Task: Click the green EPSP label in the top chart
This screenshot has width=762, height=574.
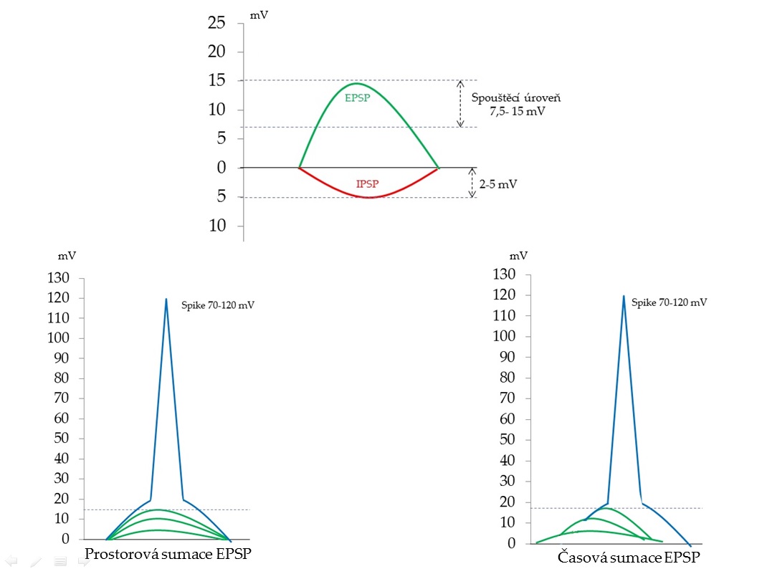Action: [x=357, y=98]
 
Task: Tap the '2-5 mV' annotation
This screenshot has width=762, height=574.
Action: [x=500, y=184]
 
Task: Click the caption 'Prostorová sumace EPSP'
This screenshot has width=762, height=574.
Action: [x=168, y=554]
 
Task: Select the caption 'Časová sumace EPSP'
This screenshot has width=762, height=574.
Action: [x=627, y=558]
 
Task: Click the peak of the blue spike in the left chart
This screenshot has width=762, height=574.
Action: [x=166, y=300]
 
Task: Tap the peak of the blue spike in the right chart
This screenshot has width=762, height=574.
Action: [x=624, y=296]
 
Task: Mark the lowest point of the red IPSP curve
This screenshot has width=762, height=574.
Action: [x=369, y=197]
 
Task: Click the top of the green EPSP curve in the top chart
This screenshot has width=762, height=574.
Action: [x=355, y=84]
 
